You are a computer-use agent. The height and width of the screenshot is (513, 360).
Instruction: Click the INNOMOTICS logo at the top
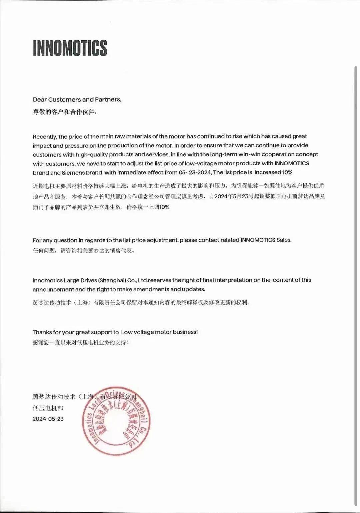70,48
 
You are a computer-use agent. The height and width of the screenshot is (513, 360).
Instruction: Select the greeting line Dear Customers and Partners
77,99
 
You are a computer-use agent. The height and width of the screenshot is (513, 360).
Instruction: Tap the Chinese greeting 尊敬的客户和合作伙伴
65,112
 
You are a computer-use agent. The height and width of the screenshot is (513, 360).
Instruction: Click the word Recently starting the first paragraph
45,136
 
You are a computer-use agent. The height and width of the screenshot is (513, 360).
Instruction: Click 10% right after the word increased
287,172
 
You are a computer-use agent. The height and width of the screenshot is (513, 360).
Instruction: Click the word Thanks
42,332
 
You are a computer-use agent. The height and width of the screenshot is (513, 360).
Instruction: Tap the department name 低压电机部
48,408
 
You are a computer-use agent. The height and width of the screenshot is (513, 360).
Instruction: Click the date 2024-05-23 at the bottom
48,419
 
